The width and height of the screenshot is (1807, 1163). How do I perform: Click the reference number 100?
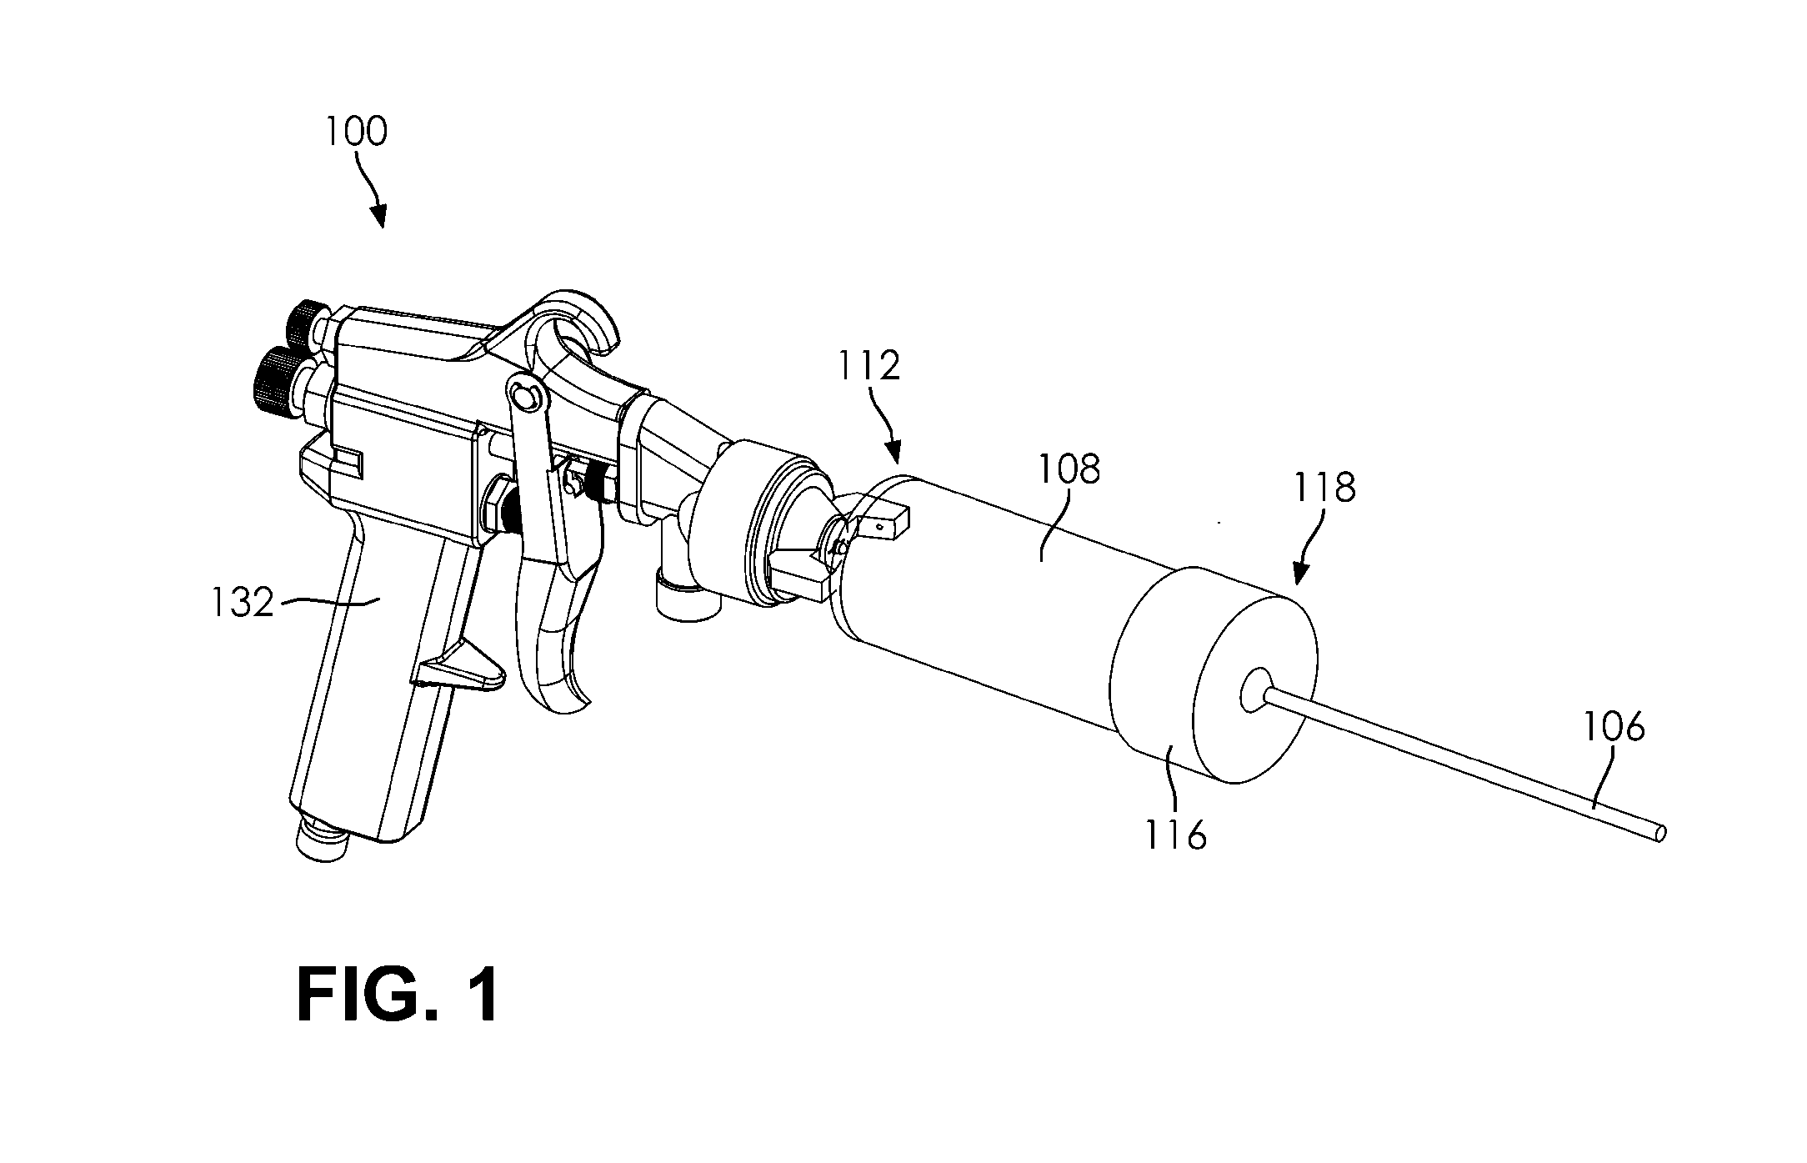(356, 133)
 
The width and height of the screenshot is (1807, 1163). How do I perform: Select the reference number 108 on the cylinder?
(1069, 469)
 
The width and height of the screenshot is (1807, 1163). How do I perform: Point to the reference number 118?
(1324, 488)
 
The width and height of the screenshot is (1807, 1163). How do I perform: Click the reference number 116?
(1175, 834)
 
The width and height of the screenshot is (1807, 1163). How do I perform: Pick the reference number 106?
(1614, 727)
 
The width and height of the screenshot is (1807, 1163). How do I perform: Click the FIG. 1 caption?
(398, 995)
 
